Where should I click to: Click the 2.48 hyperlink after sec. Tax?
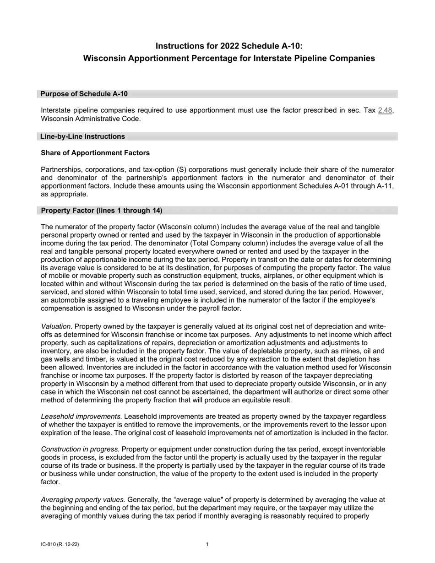pos(385,110)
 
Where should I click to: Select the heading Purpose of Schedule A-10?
pos(84,94)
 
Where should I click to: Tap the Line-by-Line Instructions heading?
pos(82,136)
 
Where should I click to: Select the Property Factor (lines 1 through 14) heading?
pos(102,211)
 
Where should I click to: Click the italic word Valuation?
pos(56,326)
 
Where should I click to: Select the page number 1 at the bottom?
pos(207,545)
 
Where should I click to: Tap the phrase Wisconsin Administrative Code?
pos(91,119)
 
